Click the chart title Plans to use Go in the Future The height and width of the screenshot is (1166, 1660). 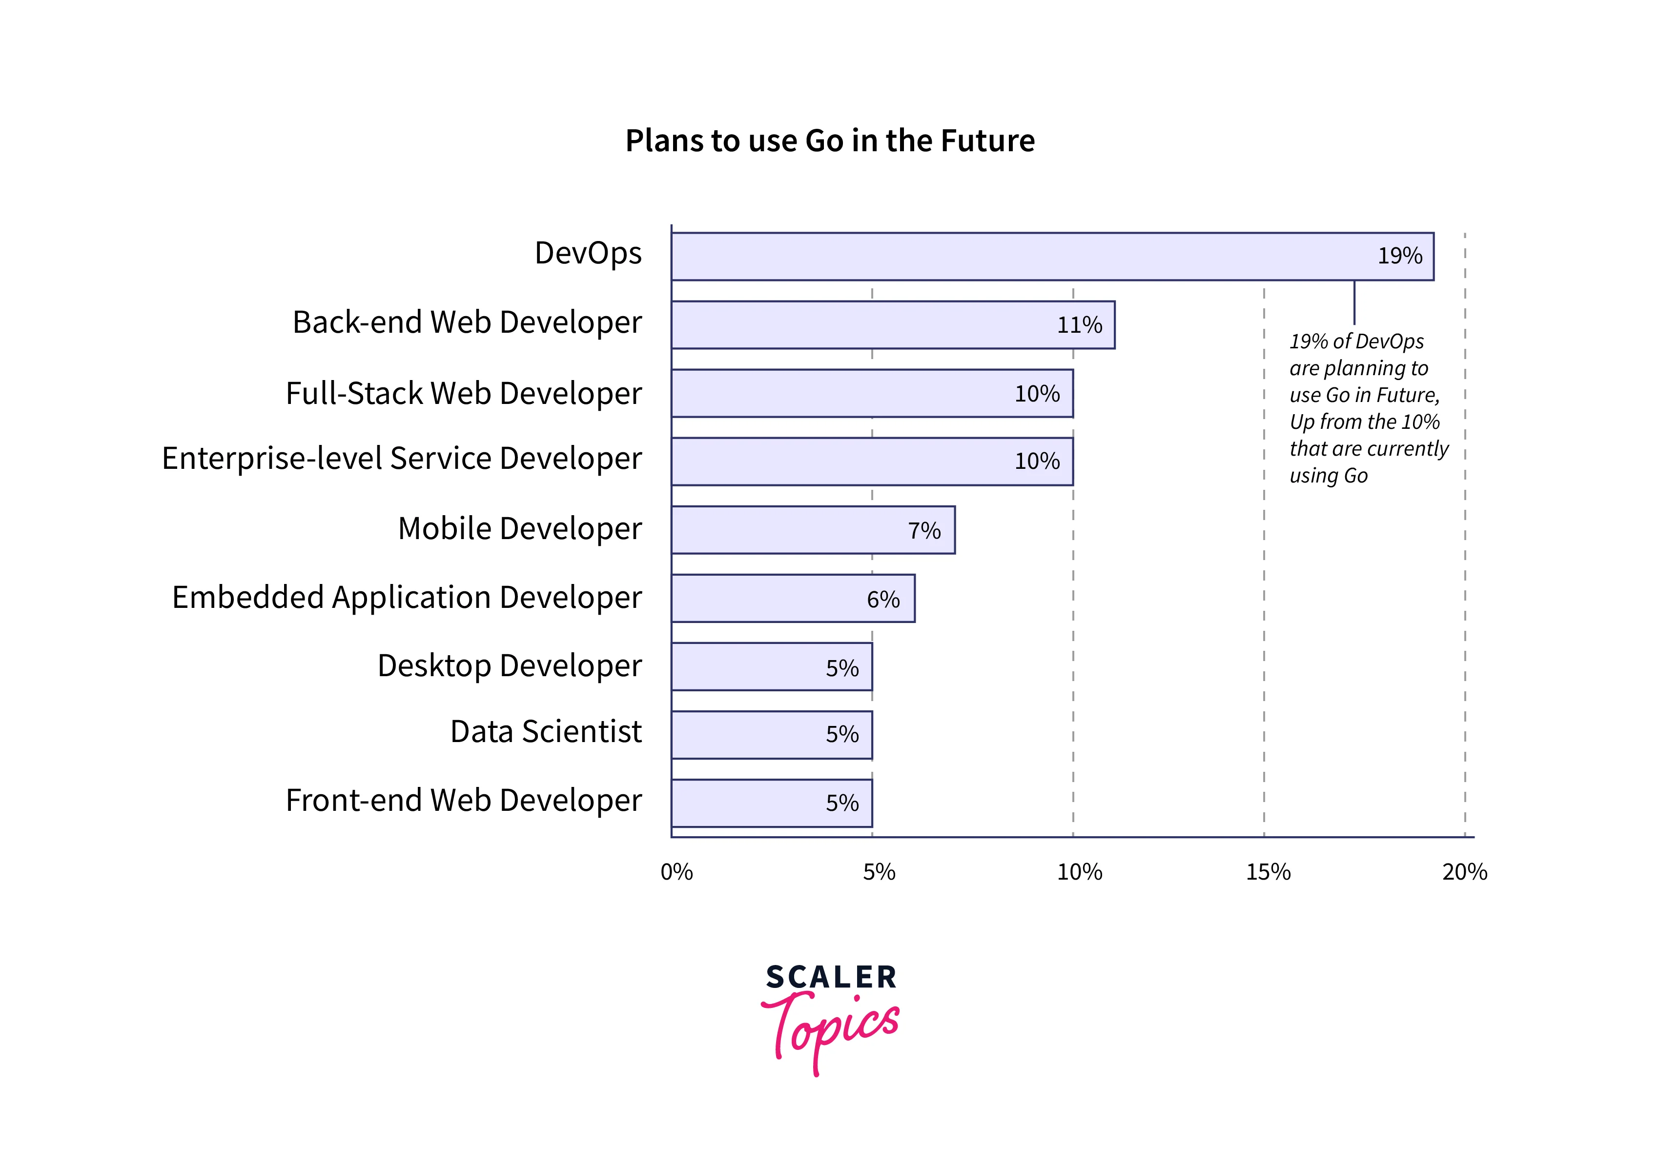(829, 141)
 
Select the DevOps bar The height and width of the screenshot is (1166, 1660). (1052, 257)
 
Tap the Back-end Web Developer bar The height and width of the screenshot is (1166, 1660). (893, 324)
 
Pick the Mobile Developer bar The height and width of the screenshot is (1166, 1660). (813, 530)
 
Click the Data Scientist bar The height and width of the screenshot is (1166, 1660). (772, 734)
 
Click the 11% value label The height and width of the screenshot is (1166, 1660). (1080, 325)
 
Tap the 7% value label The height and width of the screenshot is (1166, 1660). (924, 531)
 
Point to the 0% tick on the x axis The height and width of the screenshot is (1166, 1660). (676, 872)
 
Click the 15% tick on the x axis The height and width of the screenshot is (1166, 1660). (1268, 872)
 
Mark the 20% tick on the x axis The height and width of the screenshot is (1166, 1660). (1465, 872)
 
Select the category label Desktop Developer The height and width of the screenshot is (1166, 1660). (509, 666)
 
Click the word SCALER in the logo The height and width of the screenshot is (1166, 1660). (831, 977)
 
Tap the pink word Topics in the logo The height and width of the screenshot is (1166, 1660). (831, 1026)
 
